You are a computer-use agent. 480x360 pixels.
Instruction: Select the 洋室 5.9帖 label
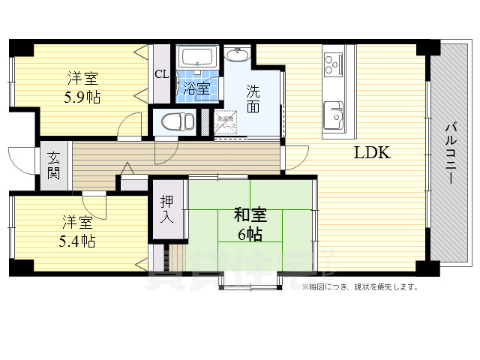pos(82,88)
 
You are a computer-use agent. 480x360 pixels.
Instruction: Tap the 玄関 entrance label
pos(53,166)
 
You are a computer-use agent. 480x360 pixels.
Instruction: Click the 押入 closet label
pos(166,209)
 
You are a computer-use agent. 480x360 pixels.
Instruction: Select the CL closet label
pos(160,74)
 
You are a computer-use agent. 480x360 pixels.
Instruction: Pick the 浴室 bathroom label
pos(198,87)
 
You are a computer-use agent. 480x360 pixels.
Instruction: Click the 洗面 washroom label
pos(253,99)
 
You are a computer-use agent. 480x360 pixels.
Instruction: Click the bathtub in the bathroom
pos(199,57)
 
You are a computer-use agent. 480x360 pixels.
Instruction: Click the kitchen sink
pos(333,116)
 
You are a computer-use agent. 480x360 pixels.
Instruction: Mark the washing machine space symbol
pos(226,121)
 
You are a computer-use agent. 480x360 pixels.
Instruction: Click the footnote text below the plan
pos(359,286)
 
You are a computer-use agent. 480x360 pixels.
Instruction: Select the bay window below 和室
pos(250,280)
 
